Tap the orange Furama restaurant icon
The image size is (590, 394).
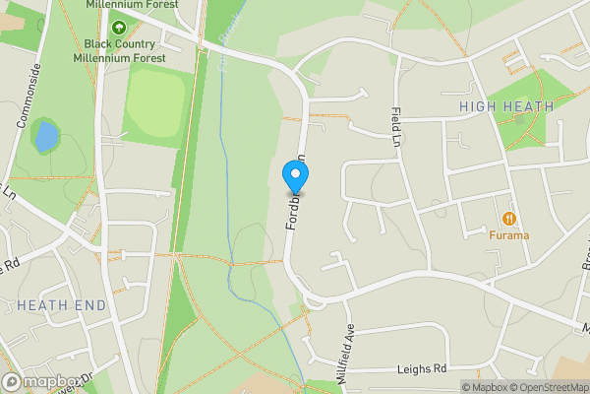coord(509,218)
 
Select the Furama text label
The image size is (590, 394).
coord(509,236)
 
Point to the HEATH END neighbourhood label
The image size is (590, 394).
coord(61,305)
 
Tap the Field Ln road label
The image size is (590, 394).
coord(395,127)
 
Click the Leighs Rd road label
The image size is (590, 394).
coord(422,369)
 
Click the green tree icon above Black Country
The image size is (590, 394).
coord(119,28)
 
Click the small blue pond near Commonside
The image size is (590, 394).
coord(45,136)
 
